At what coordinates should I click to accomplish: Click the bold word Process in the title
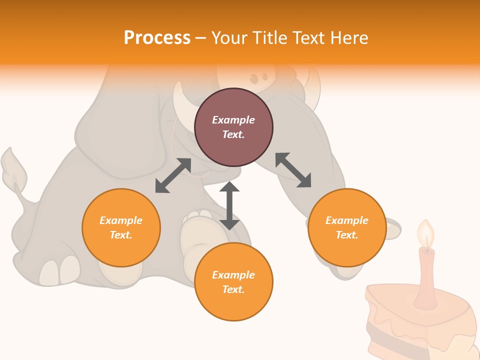click(157, 38)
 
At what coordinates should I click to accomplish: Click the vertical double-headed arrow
click(229, 205)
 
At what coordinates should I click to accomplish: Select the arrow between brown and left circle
click(173, 175)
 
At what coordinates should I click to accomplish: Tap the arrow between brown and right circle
click(293, 170)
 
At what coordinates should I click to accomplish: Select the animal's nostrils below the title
click(258, 78)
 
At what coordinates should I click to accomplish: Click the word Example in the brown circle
click(233, 120)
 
